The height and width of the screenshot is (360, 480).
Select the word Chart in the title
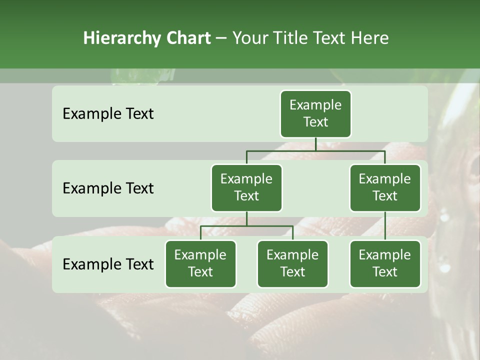pos(188,38)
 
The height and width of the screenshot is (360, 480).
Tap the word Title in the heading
pos(292,38)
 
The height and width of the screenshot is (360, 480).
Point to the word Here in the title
pos(370,38)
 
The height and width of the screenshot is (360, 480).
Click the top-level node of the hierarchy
pos(315,113)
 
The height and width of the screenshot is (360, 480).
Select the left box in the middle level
pos(246,187)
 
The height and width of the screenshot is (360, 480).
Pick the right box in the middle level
pos(385,187)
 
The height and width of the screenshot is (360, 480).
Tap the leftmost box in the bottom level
pos(200,263)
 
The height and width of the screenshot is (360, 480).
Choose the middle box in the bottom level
pos(292,263)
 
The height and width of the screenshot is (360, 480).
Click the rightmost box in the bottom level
pos(385,263)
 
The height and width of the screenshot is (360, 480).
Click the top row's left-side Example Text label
pos(108,114)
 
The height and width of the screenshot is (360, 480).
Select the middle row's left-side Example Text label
pos(108,188)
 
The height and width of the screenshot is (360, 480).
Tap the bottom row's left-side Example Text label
pos(108,264)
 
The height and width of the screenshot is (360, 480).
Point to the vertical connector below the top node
pos(315,144)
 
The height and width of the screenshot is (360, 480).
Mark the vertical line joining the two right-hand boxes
pos(385,226)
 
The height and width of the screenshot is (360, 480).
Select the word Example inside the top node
pos(315,105)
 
